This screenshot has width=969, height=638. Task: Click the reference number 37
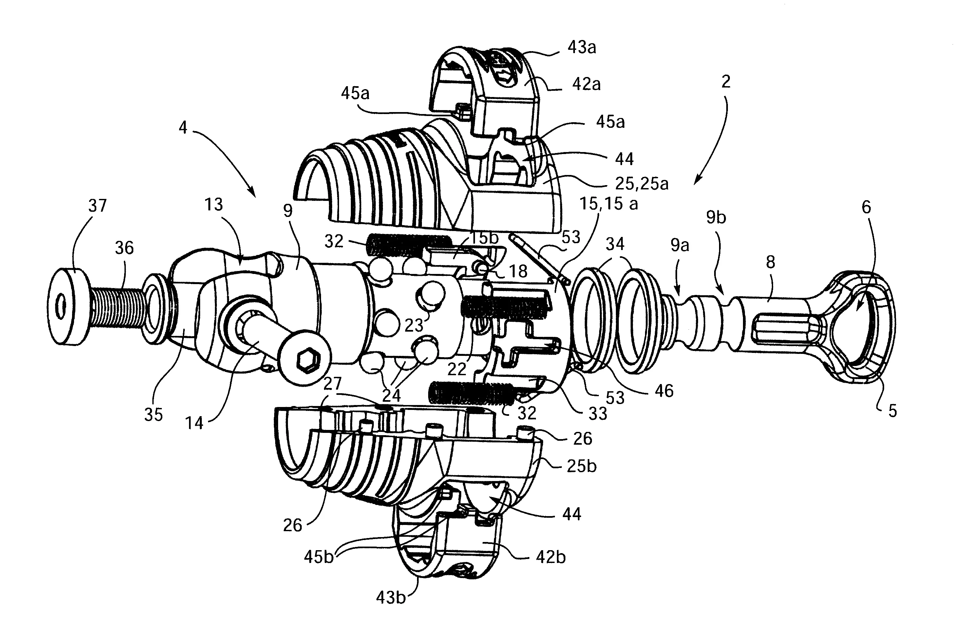[97, 206]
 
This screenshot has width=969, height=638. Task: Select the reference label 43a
[582, 48]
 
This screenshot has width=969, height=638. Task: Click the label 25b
[581, 466]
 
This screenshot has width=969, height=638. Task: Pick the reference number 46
[664, 391]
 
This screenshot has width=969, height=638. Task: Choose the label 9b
[716, 218]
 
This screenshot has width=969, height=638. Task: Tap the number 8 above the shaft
[770, 262]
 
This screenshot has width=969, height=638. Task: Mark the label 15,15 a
[609, 203]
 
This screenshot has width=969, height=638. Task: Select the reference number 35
[153, 415]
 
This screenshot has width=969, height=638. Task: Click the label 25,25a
[642, 184]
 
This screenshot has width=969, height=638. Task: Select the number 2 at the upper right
[726, 82]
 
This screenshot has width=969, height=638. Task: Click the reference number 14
[194, 423]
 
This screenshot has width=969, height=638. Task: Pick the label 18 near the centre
[518, 271]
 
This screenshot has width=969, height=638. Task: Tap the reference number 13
[213, 204]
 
